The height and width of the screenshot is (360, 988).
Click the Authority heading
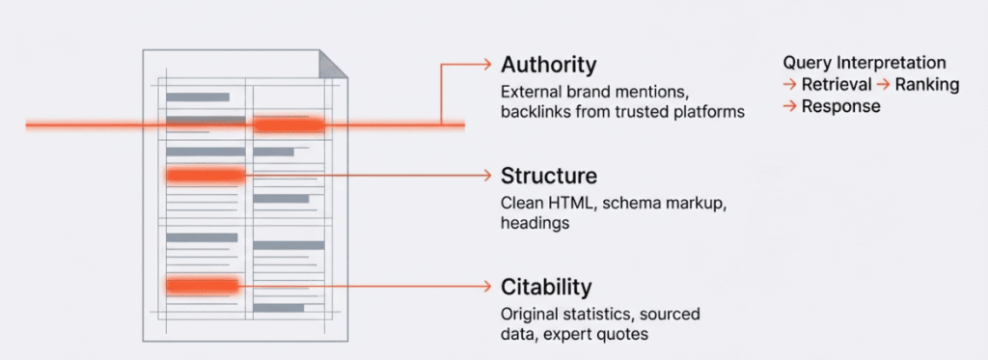coord(548,65)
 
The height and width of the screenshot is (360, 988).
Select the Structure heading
coord(548,176)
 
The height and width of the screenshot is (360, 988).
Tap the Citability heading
coord(546,287)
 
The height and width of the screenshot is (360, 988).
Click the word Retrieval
coord(837,84)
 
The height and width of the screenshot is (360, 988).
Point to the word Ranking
coord(927,84)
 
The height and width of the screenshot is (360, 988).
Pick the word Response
coord(840,106)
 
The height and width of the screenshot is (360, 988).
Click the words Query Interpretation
coord(864,62)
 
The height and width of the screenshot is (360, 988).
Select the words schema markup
coord(656,204)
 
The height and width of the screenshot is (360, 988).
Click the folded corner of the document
coord(333,65)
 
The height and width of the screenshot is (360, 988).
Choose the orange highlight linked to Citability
coord(202,286)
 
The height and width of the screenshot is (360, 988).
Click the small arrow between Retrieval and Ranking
coord(883,84)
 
